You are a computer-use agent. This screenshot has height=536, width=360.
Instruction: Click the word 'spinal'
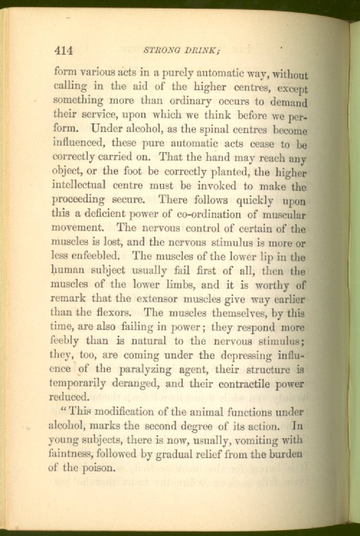pyautogui.click(x=232, y=130)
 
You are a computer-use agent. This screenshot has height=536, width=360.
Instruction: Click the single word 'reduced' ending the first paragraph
pyautogui.click(x=69, y=398)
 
